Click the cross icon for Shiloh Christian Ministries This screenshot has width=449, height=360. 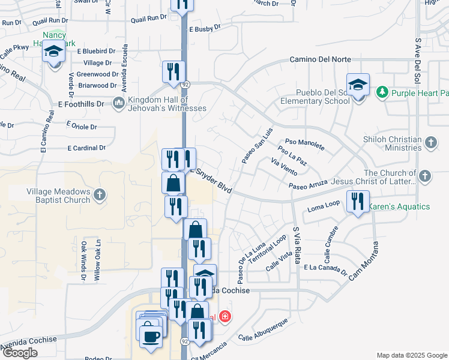(430, 143)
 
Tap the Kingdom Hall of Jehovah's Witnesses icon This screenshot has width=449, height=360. (118, 103)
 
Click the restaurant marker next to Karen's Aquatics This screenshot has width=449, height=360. (358, 202)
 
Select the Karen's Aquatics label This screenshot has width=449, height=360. (399, 206)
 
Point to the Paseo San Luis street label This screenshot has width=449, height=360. (257, 146)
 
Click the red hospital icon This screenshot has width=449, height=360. (225, 316)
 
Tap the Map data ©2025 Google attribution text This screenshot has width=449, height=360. (412, 355)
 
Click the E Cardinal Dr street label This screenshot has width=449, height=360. (86, 148)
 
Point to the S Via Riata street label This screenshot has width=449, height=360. (296, 245)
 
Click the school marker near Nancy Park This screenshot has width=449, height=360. (53, 53)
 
